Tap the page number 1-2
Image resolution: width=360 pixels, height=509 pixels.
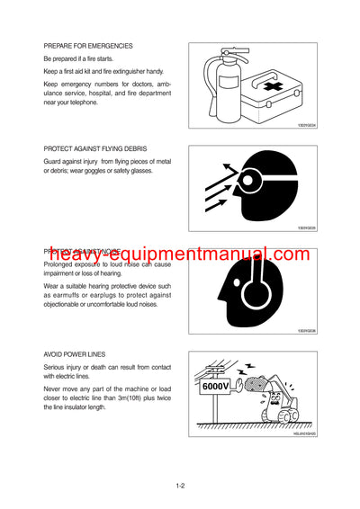pyautogui.click(x=180, y=487)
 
